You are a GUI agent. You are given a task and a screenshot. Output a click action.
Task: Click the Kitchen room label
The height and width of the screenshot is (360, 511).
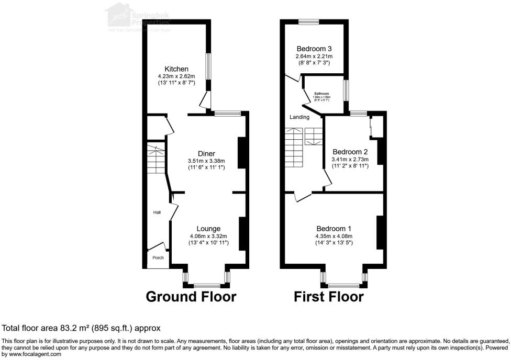176,69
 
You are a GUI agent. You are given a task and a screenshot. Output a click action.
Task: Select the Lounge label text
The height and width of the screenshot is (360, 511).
208,229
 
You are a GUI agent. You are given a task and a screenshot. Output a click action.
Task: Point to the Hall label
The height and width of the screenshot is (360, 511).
157,212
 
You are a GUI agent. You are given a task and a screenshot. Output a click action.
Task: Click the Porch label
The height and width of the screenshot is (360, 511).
158,257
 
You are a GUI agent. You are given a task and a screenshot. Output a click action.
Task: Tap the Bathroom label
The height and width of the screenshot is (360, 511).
321,94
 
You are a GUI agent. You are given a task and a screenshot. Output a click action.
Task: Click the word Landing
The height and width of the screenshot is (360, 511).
299,117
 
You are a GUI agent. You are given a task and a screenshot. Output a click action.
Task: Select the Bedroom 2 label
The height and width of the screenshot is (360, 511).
350,152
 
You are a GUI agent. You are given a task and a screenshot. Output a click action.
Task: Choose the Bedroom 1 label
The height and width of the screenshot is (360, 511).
334,229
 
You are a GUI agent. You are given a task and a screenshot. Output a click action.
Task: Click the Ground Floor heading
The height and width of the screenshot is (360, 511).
191,297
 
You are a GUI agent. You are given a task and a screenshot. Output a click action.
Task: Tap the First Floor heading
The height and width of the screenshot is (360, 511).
328,297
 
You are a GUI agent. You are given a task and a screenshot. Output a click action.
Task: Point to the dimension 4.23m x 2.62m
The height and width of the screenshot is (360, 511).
176,76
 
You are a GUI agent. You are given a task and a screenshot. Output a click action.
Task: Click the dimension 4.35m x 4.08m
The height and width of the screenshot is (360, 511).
334,235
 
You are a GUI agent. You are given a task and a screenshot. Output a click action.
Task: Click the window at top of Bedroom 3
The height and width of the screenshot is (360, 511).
309,21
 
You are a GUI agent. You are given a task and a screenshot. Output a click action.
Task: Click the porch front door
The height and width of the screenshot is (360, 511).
157,246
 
